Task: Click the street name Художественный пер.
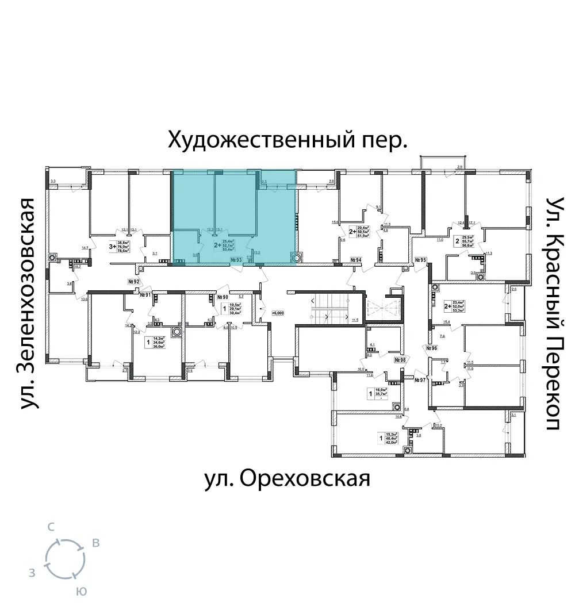coord(287,140)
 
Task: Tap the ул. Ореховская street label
coord(287,478)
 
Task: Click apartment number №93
coord(235,260)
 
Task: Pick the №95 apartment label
coord(420,260)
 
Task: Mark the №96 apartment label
coord(432,348)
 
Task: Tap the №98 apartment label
coord(400,360)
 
